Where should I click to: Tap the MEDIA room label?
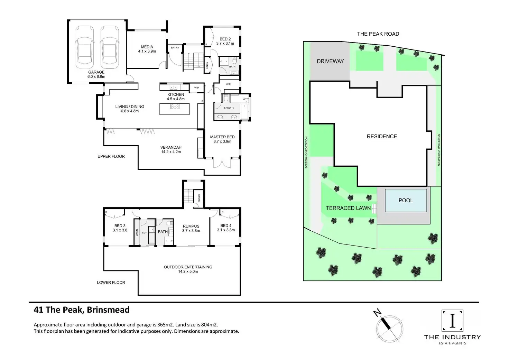pos(147,47)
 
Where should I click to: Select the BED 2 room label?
pos(225,39)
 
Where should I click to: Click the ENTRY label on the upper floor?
pos(175,48)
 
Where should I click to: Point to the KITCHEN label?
pos(176,94)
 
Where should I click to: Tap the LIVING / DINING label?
pos(130,107)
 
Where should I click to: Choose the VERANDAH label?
pos(171,147)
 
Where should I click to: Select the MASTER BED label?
pos(222,137)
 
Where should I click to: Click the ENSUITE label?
pos(229,108)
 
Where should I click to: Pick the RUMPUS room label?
pos(191,226)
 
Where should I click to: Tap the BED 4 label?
pos(226,225)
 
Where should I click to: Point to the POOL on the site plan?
pos(406,200)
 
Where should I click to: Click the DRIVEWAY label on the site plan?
pos(330,62)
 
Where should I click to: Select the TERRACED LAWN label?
pos(348,208)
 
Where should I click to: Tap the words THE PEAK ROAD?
pos(378,34)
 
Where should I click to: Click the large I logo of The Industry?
pos(452,321)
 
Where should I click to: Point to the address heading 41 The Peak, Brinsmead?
pos(82,310)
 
